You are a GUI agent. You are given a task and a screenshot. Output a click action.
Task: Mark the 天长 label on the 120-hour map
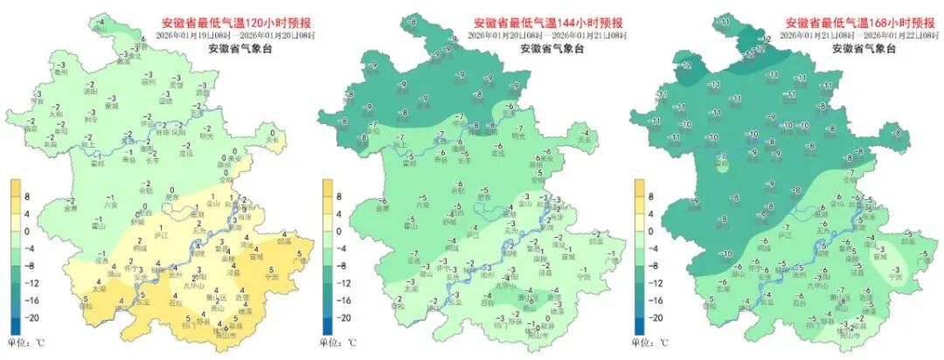(x=272, y=138)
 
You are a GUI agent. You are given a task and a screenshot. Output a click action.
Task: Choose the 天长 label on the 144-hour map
(x=584, y=138)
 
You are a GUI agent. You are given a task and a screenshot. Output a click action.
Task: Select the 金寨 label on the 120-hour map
(x=71, y=209)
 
